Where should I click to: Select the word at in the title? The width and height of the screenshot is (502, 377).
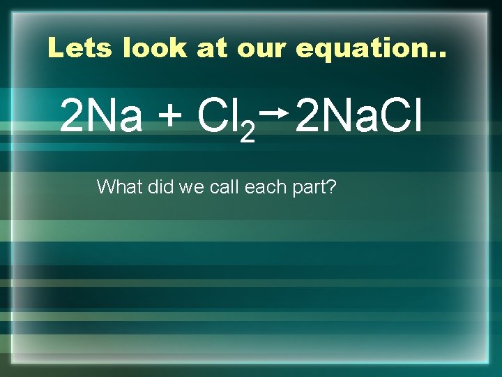coord(213,47)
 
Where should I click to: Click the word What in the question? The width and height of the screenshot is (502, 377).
coord(119,186)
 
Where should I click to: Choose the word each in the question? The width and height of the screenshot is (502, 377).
coord(263,186)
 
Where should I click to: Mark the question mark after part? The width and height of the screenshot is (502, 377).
coord(331,186)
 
